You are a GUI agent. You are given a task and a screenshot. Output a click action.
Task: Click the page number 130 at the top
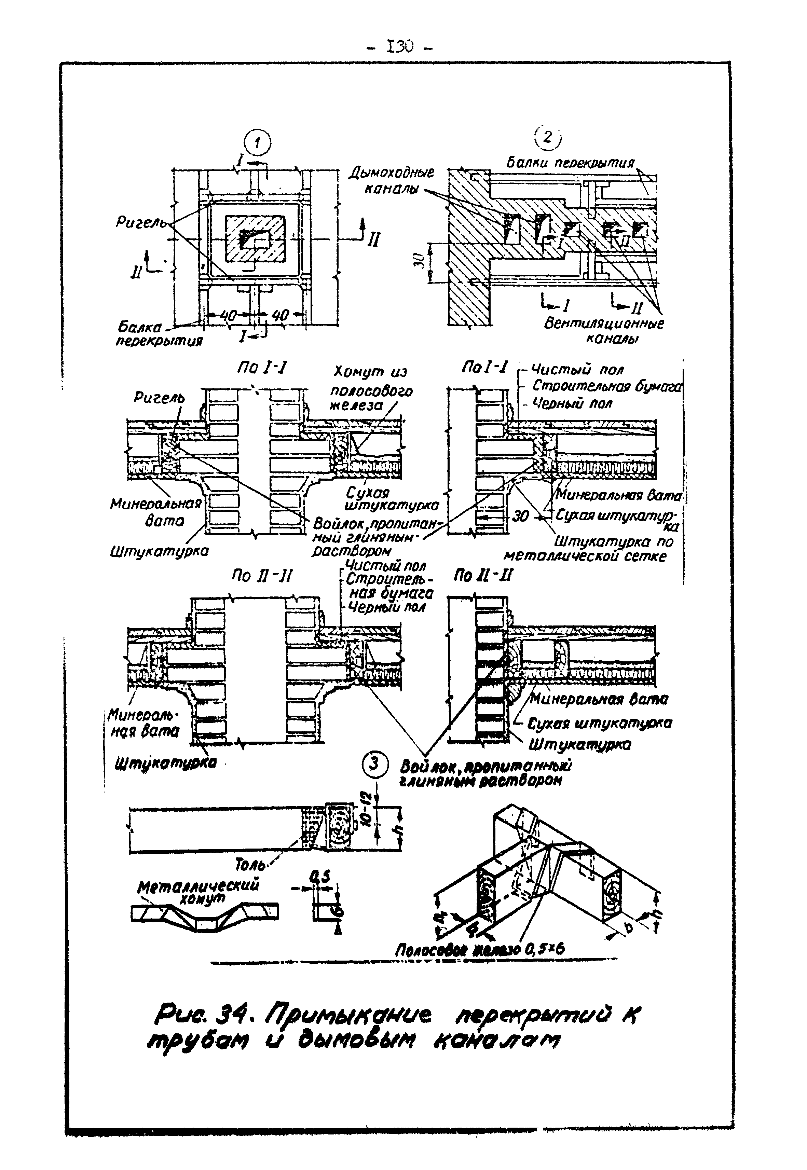pyautogui.click(x=399, y=47)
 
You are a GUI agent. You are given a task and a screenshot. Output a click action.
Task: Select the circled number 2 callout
pyautogui.click(x=548, y=138)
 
